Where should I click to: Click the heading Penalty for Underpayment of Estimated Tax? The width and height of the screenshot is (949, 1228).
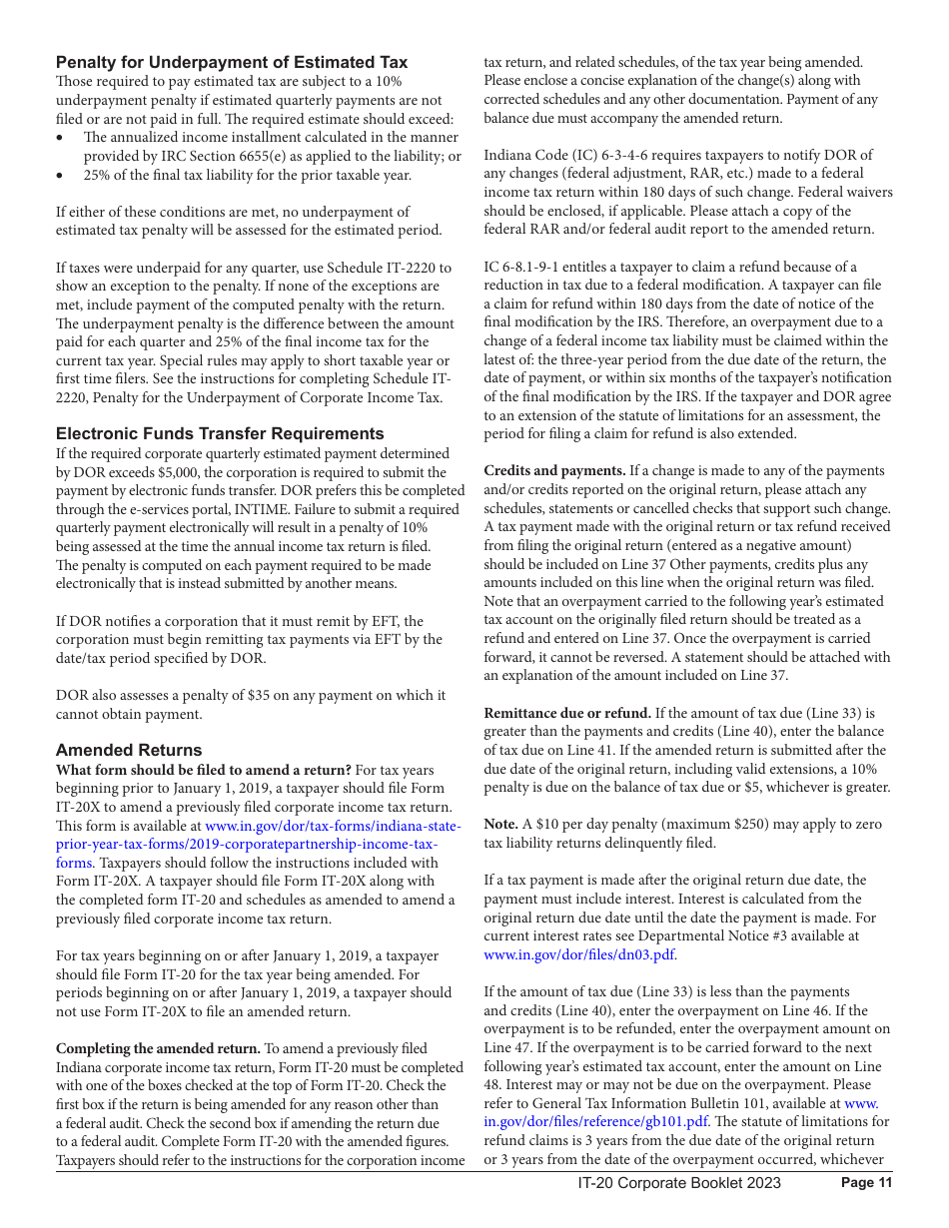231,62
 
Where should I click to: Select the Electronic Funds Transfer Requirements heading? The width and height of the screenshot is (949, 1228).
220,433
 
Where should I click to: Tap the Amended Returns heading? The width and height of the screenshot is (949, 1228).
129,750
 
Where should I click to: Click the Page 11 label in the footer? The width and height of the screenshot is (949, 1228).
866,1183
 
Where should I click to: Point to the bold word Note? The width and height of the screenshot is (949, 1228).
500,824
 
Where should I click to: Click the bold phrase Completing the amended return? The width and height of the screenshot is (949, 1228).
158,1048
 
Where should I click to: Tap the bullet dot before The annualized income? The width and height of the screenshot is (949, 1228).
62,138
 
